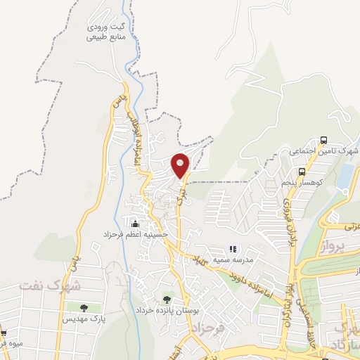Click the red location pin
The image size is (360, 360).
181,167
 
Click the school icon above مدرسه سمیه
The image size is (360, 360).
233,249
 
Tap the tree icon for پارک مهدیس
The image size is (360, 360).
83,308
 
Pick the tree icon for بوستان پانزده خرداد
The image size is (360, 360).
167,300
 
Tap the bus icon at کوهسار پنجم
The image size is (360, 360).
302,172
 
